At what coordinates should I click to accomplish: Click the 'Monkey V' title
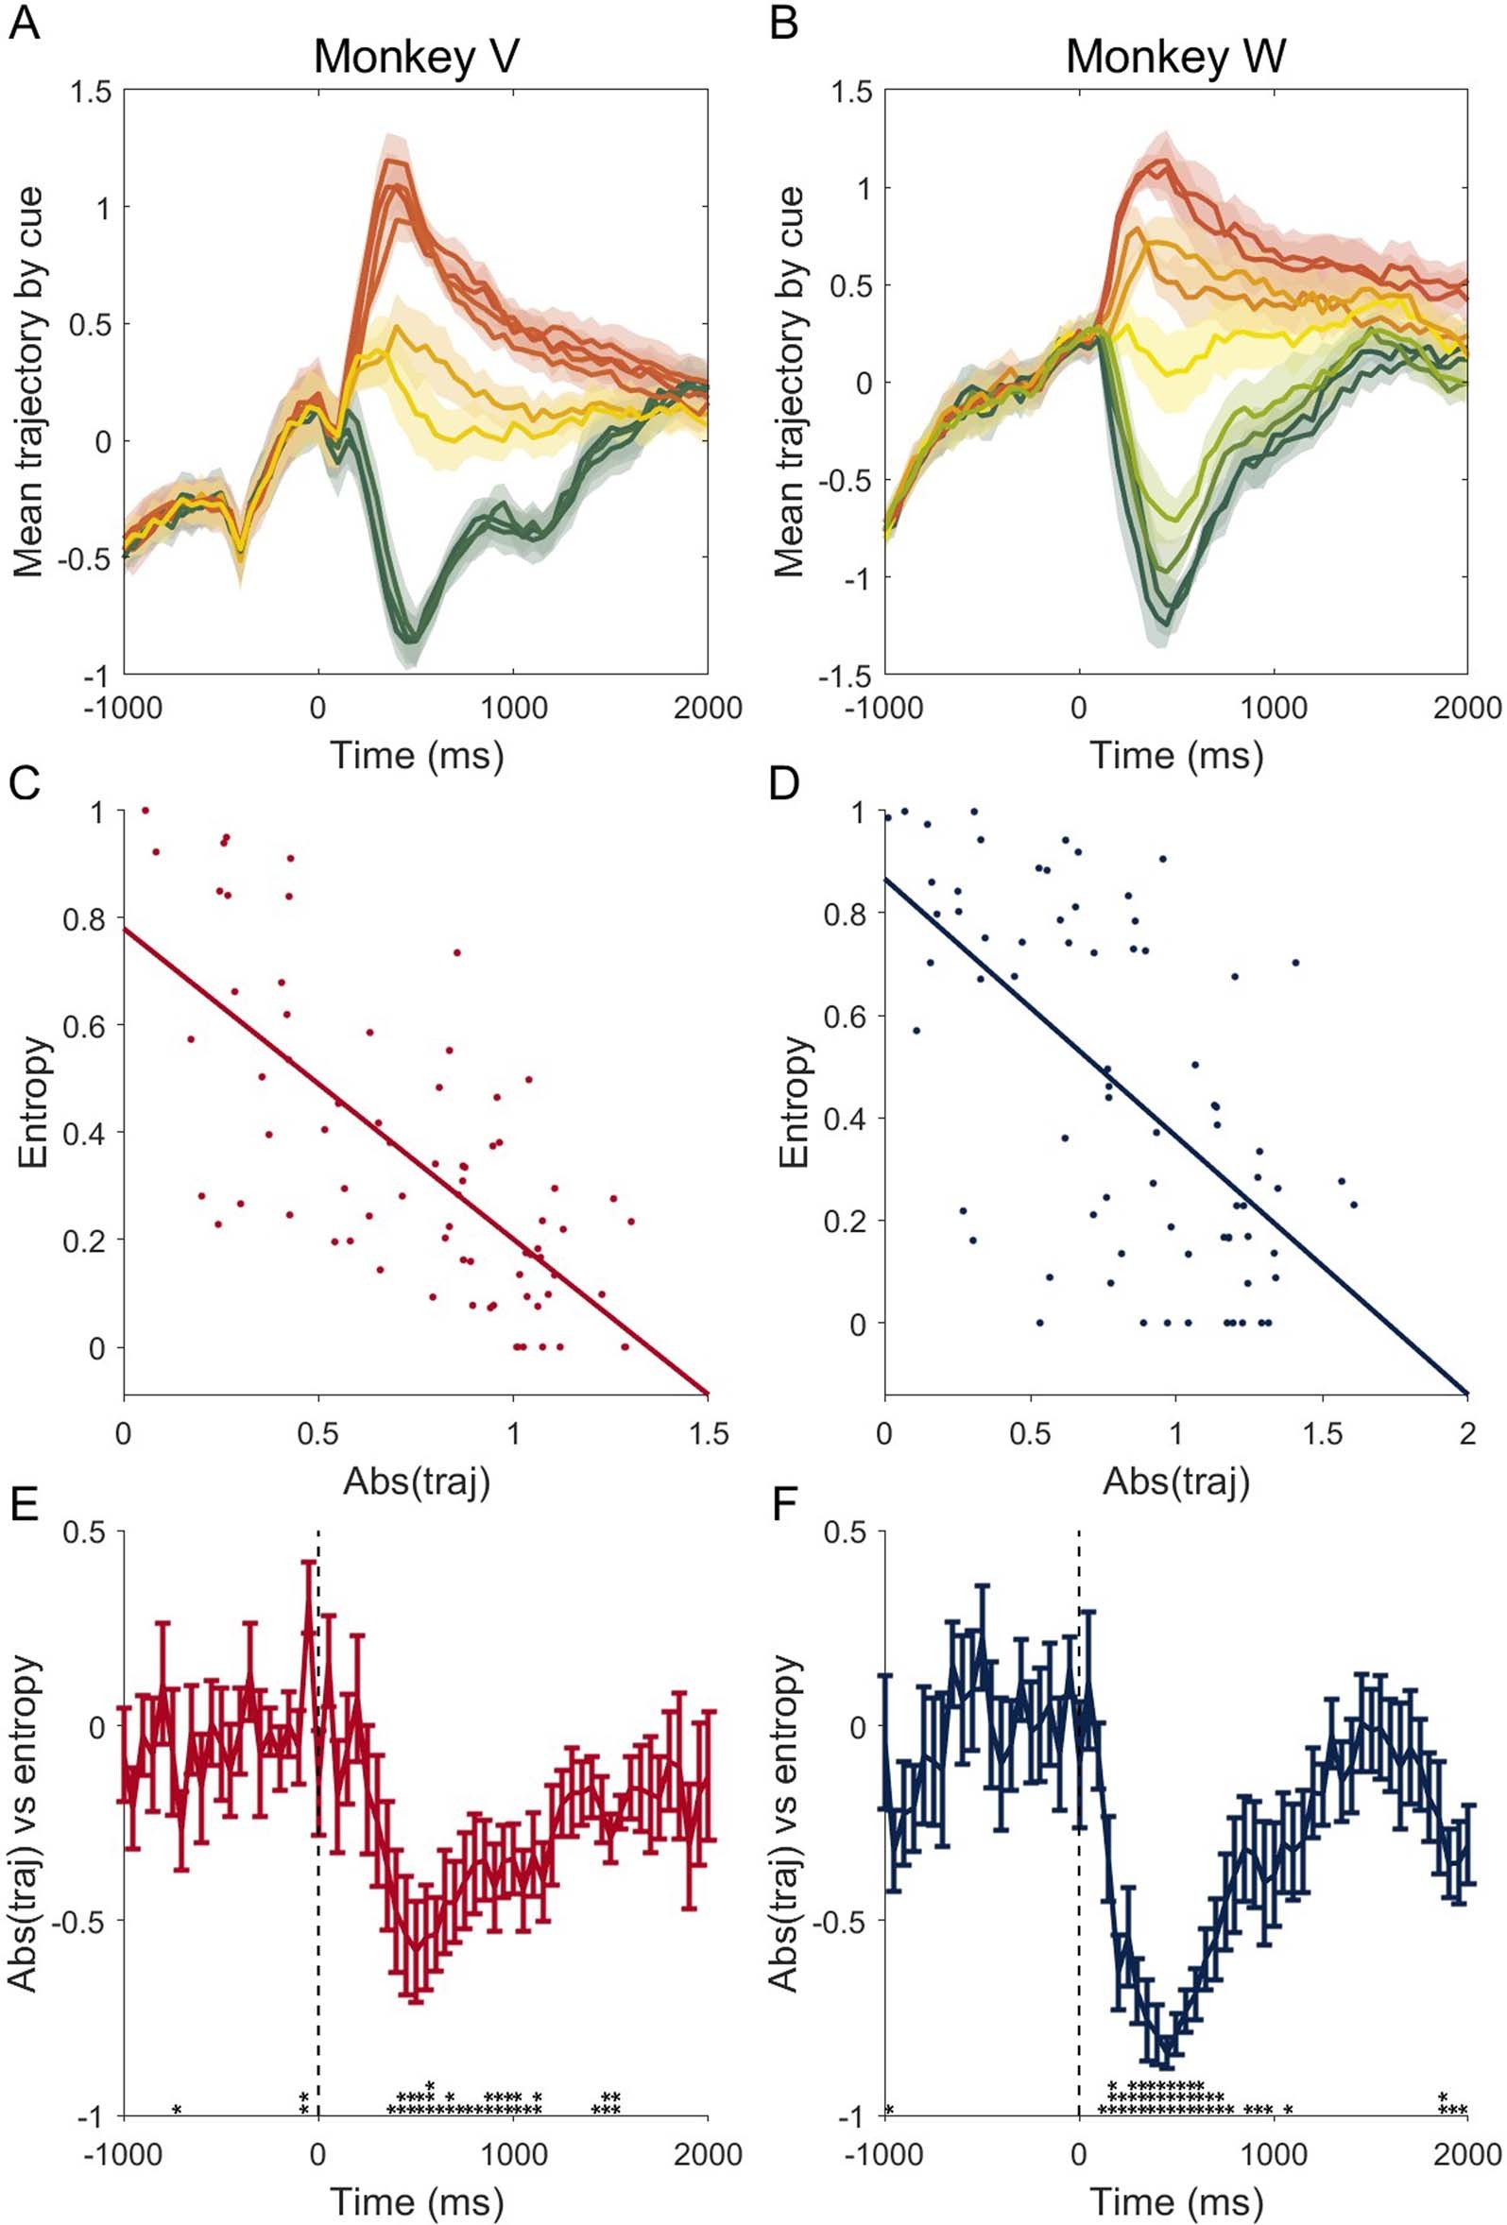point(416,58)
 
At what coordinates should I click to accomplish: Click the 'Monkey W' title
point(1174,58)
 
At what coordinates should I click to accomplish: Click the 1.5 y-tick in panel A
point(90,92)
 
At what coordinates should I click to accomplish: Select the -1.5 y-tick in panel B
point(845,676)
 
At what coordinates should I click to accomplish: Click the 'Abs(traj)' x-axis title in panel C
point(416,1481)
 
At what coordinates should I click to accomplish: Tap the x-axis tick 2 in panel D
point(1466,1433)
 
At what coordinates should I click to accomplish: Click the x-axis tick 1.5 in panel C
point(708,1433)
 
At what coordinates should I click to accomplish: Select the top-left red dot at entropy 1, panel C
point(146,810)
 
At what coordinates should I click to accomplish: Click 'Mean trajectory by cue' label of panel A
point(28,383)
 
